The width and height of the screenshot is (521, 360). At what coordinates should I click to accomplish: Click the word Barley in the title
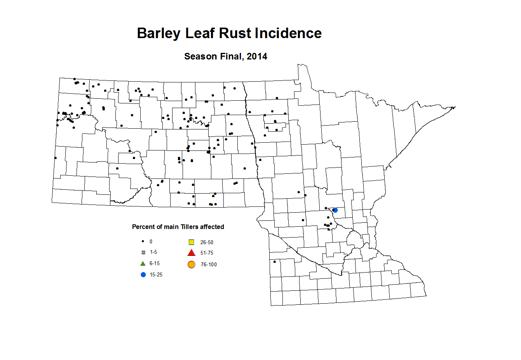pyautogui.click(x=159, y=33)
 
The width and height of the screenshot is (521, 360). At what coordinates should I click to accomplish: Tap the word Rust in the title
pyautogui.click(x=235, y=33)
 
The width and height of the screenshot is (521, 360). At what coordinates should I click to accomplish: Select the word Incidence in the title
pyautogui.click(x=288, y=33)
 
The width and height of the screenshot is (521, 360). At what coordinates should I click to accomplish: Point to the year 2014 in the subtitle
pyautogui.click(x=257, y=56)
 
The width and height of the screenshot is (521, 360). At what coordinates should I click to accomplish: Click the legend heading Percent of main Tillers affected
pyautogui.click(x=178, y=227)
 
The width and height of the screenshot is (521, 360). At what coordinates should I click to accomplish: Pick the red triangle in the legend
pyautogui.click(x=191, y=253)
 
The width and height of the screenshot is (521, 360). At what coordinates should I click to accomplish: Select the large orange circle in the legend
pyautogui.click(x=191, y=264)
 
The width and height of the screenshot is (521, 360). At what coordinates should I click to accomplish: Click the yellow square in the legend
pyautogui.click(x=191, y=242)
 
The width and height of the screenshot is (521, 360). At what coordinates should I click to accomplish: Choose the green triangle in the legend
pyautogui.click(x=143, y=264)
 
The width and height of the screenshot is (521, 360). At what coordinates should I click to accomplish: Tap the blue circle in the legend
pyautogui.click(x=143, y=274)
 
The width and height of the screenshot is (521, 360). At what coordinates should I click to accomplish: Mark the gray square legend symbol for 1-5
pyautogui.click(x=143, y=252)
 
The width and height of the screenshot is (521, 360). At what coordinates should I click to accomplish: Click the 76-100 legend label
pyautogui.click(x=209, y=264)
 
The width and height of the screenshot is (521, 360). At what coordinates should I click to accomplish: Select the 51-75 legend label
pyautogui.click(x=207, y=253)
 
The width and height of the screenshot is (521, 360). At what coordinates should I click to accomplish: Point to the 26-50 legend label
pyautogui.click(x=207, y=242)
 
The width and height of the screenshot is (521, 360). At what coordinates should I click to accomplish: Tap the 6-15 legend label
pyautogui.click(x=155, y=263)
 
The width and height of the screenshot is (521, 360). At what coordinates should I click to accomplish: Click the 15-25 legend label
pyautogui.click(x=156, y=274)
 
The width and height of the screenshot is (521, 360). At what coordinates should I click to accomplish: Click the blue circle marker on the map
pyautogui.click(x=335, y=210)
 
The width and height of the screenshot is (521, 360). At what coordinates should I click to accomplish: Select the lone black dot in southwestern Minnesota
pyautogui.click(x=275, y=261)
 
